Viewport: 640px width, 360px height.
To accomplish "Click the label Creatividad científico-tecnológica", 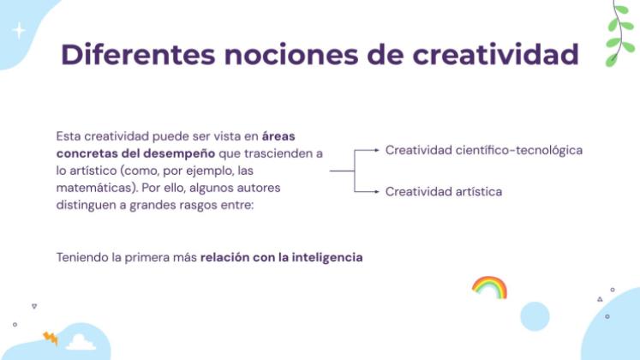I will [x=483, y=150].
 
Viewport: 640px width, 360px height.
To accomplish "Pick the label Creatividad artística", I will [x=443, y=191].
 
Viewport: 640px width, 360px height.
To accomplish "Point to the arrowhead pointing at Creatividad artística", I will [x=377, y=191].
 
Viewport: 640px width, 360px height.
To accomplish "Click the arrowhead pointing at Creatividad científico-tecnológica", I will [x=377, y=150].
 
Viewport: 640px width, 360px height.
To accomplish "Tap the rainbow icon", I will [x=489, y=287].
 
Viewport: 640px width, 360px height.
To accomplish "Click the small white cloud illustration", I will [x=81, y=342].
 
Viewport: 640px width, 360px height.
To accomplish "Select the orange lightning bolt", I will [x=51, y=339].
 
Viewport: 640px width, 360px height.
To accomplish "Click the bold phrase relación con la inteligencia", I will [x=282, y=257].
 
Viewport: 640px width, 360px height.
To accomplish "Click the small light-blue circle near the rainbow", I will [x=535, y=316].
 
